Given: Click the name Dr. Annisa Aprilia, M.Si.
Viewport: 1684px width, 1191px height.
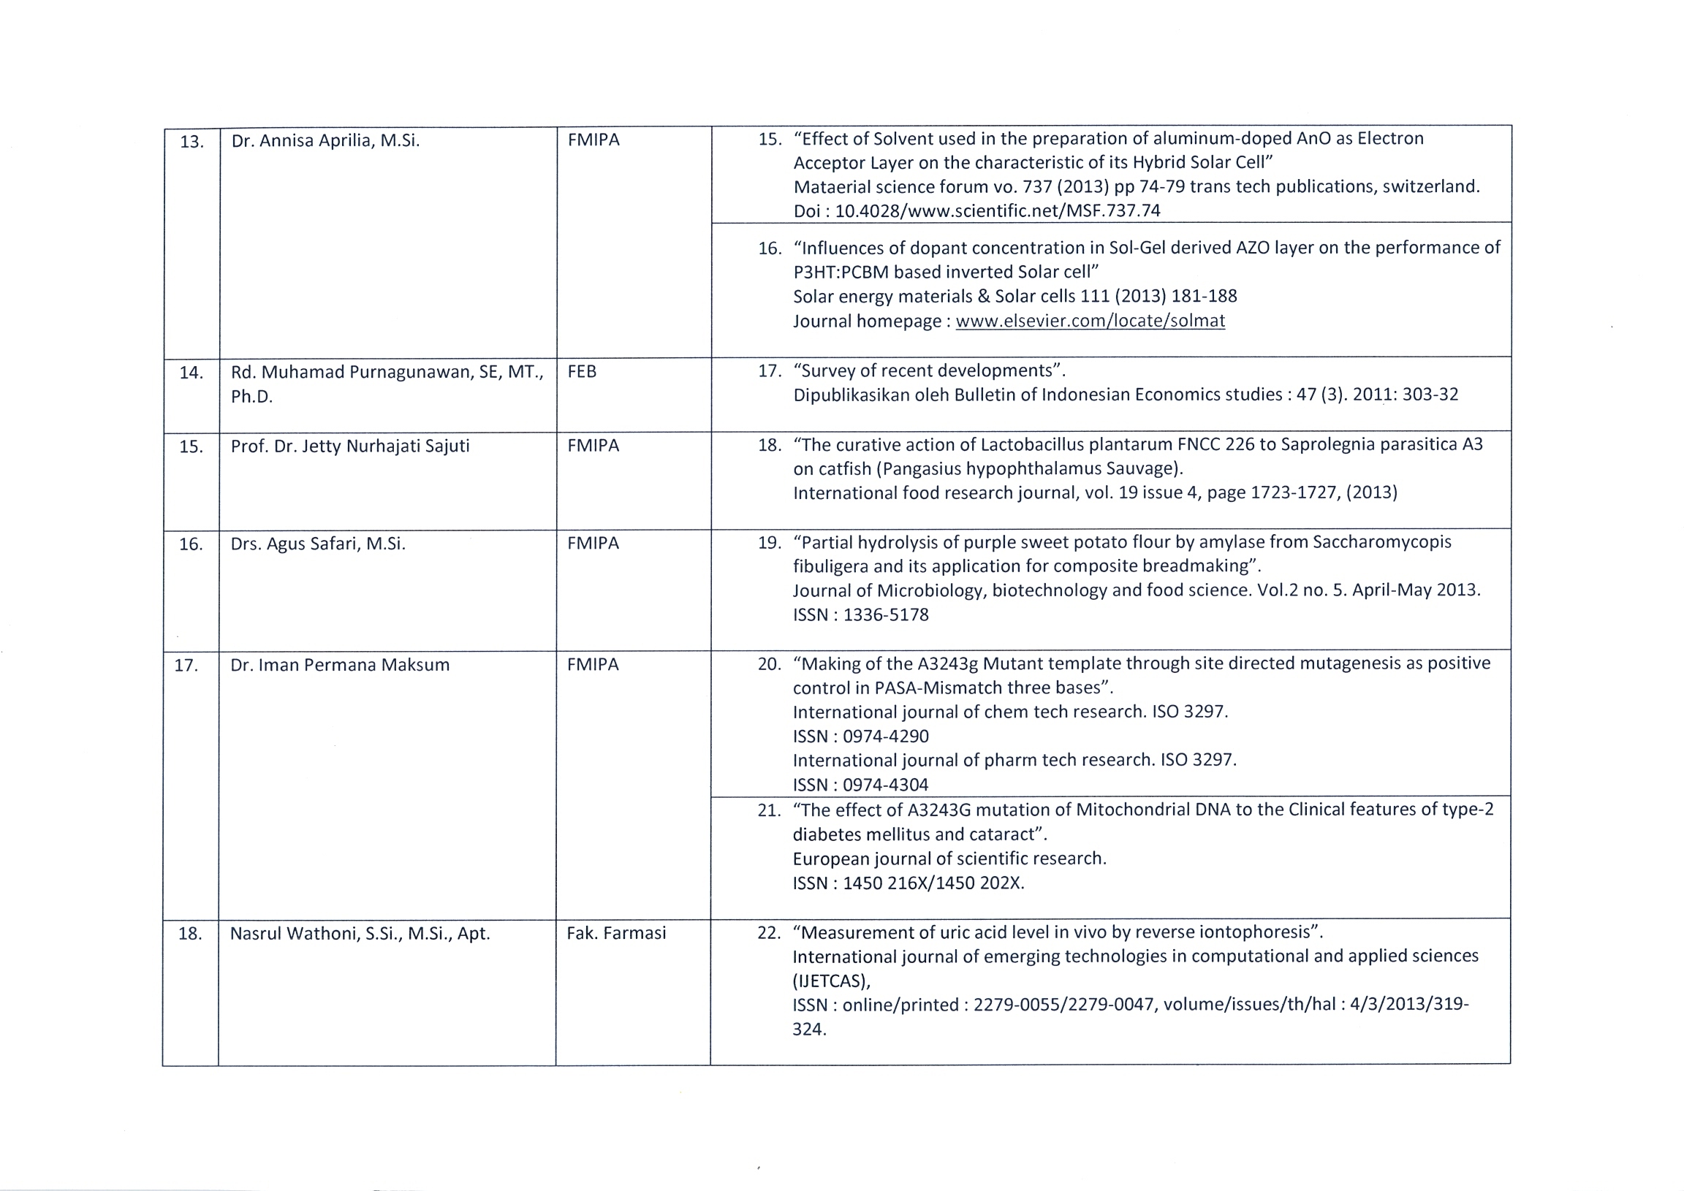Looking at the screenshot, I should click(325, 141).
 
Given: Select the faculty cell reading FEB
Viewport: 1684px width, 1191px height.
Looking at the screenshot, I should click(582, 372).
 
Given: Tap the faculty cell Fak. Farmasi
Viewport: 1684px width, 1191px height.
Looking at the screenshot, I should click(616, 933).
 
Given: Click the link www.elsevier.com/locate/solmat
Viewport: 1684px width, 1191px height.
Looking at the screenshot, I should click(1090, 321).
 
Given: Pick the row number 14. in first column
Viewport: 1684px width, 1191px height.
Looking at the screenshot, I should click(191, 373).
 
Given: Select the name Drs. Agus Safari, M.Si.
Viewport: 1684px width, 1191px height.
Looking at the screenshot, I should click(318, 544).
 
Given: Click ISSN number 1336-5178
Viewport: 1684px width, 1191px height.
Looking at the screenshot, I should click(885, 614).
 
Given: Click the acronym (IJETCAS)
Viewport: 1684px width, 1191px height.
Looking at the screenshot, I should click(831, 981).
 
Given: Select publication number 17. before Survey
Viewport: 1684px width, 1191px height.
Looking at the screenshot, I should click(770, 371).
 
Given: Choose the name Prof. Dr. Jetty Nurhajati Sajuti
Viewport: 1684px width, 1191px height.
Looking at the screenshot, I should click(350, 446).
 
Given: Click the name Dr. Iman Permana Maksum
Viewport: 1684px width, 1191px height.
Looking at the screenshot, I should click(340, 665).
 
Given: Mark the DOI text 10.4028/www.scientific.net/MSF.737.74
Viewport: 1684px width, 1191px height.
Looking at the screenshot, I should click(998, 211).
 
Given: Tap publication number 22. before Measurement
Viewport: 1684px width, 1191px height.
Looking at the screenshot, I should click(769, 933).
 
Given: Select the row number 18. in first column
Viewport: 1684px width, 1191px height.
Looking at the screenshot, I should click(190, 934).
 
